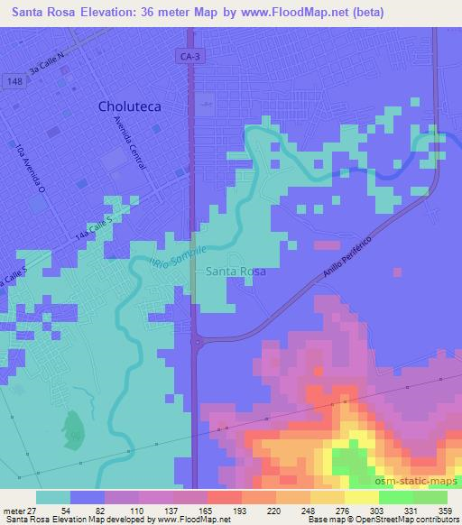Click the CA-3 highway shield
188,57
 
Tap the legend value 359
448,511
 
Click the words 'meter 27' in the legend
16,511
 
